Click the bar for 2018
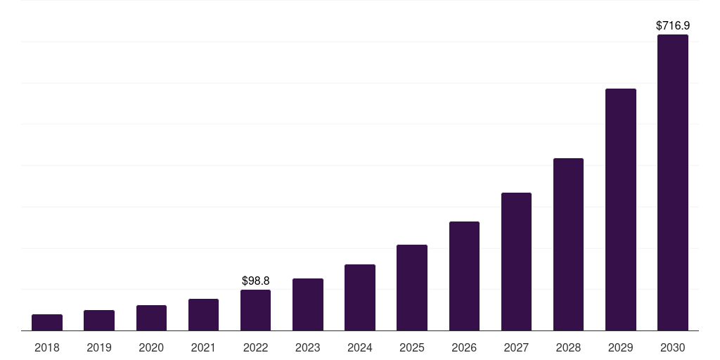coord(47,323)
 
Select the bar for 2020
coord(151,318)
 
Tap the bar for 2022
coord(255,310)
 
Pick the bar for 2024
coord(360,297)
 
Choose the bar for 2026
coord(464,276)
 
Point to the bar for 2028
coord(568,245)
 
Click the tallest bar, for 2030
coord(673,183)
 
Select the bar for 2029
coord(621,210)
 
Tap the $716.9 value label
coord(673,25)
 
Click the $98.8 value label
coord(255,281)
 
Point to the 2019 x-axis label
coord(99,347)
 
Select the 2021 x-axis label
coord(203,347)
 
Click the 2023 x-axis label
coord(308,347)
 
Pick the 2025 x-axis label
coord(412,347)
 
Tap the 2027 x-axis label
coord(516,347)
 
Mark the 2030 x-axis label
coord(673,347)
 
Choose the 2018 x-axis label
coord(47,347)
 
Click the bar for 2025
coord(412,288)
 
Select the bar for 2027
coord(516,262)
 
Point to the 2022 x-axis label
coord(255,347)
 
